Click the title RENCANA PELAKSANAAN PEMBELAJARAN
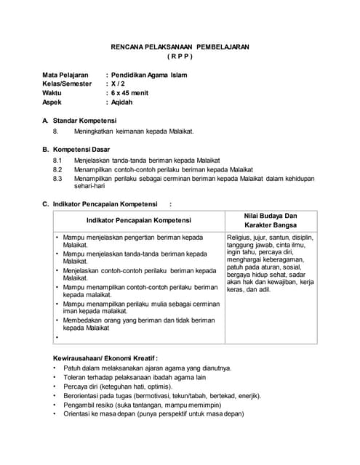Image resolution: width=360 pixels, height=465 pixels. click(180, 46)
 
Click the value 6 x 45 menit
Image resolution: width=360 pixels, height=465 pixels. click(130, 93)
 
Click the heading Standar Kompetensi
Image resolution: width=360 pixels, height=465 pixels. click(84, 121)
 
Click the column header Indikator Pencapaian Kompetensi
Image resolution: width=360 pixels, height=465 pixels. click(138, 220)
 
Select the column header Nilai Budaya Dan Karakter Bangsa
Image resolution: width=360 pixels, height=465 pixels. click(271, 220)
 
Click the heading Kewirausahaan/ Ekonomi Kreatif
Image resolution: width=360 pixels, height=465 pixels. click(105, 358)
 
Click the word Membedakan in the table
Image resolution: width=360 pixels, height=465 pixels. click(84, 320)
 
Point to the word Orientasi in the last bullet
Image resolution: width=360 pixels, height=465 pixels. click(79, 414)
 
